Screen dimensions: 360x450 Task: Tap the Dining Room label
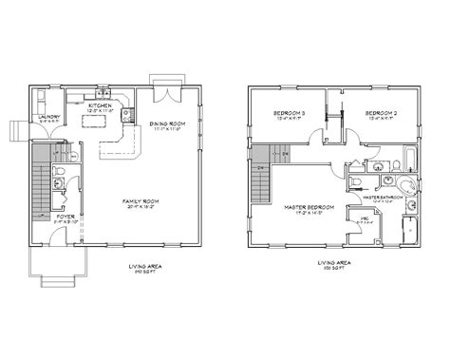[166, 123]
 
